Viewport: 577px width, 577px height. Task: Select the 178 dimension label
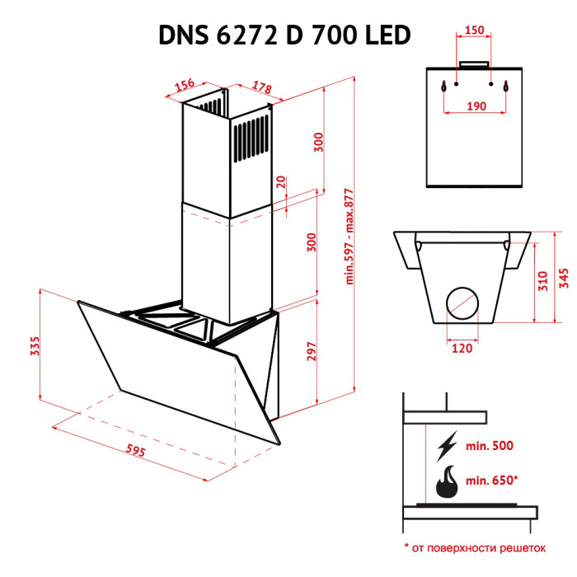tap(262, 88)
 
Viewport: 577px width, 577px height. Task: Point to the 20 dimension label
tap(281, 181)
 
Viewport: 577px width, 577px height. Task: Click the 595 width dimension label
tap(137, 450)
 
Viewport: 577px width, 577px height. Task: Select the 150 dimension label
tap(474, 30)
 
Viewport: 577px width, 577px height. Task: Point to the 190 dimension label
tap(474, 106)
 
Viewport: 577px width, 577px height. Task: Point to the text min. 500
tap(489, 446)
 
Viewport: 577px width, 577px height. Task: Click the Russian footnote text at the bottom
tap(476, 547)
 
